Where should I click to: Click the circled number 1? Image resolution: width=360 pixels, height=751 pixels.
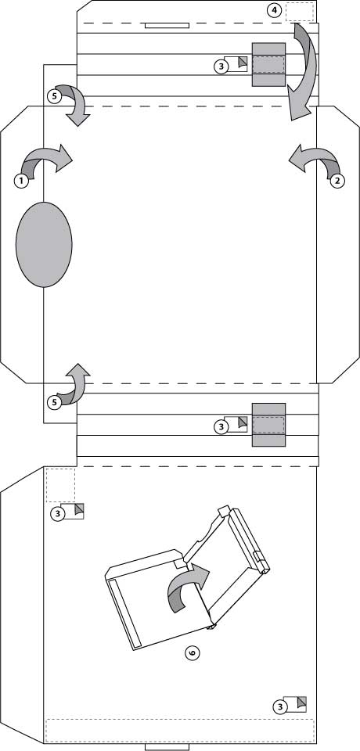pos(21,181)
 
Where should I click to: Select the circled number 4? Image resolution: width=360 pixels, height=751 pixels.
pos(274,10)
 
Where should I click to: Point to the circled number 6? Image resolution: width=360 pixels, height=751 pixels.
pos(193,652)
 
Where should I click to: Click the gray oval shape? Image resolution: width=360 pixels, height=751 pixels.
pos(44,245)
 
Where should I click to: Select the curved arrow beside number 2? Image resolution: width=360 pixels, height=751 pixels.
pos(315,160)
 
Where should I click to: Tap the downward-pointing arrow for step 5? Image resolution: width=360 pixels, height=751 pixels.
pos(77,104)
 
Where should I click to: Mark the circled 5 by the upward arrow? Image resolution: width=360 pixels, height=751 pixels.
pos(55,402)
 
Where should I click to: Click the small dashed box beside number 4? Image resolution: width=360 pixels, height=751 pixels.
pos(300,12)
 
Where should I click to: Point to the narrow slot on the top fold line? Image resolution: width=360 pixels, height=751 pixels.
pos(167,25)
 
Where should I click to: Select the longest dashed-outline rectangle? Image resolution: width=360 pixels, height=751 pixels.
pos(180,731)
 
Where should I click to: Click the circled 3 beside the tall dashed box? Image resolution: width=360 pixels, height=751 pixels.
pos(58,514)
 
